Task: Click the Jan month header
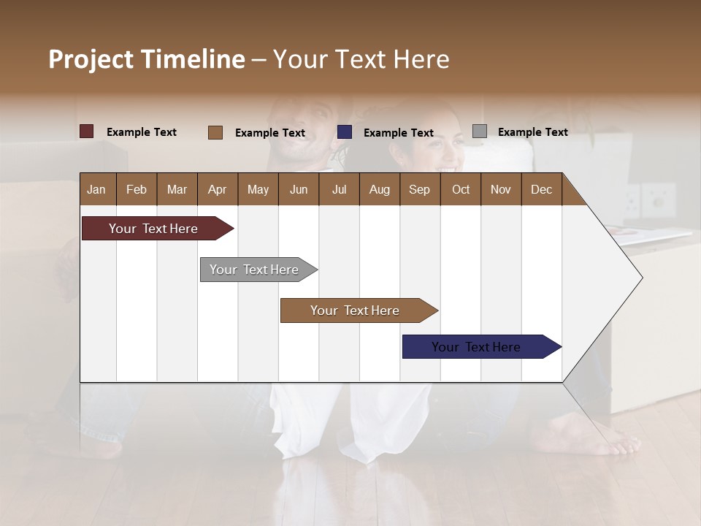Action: click(x=96, y=189)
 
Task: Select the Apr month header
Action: click(x=218, y=189)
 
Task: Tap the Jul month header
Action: click(x=339, y=189)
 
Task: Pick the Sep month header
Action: click(x=419, y=189)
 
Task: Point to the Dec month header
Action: click(x=541, y=189)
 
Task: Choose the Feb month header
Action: click(x=137, y=189)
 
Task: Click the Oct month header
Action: click(x=461, y=189)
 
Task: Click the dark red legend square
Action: click(x=87, y=131)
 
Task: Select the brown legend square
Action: click(x=215, y=132)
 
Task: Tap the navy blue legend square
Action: click(x=345, y=131)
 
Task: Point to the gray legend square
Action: click(x=480, y=131)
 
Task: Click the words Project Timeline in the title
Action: click(x=146, y=59)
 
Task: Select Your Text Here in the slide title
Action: click(x=361, y=59)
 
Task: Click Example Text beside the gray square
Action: click(x=532, y=132)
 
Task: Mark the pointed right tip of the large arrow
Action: click(x=641, y=278)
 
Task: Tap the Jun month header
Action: click(x=299, y=189)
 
